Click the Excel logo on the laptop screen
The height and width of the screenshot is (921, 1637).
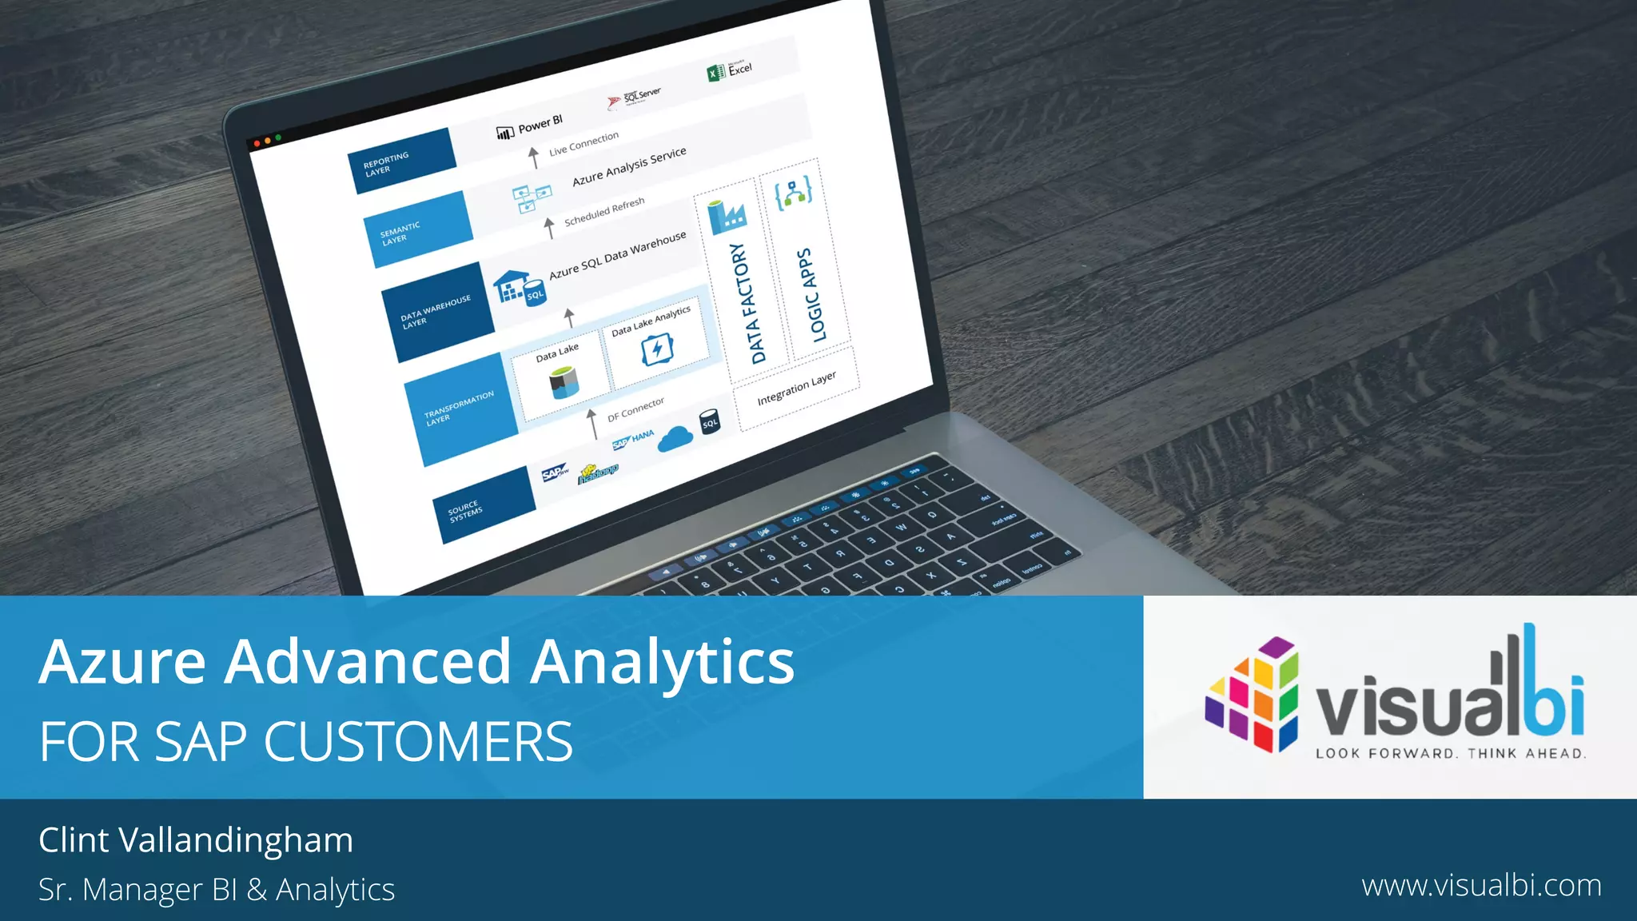tap(715, 74)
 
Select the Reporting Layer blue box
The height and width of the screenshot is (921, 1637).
tap(401, 161)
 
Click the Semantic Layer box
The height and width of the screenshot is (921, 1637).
tap(417, 229)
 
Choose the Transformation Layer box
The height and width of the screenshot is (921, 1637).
tap(460, 409)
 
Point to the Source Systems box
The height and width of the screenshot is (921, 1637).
tap(483, 505)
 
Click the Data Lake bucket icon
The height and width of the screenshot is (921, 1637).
tap(564, 382)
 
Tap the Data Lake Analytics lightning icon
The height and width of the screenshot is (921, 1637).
tap(657, 349)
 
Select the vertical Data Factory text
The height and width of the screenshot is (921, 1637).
tap(747, 304)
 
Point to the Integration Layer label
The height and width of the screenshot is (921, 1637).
tap(796, 388)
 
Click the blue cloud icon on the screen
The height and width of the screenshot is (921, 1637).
tap(675, 438)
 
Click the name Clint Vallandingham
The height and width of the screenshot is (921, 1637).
tap(196, 840)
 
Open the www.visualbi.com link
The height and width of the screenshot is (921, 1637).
tap(1481, 886)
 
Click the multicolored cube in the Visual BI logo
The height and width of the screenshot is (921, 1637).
tap(1253, 694)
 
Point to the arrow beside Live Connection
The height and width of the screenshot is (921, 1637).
tap(534, 157)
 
